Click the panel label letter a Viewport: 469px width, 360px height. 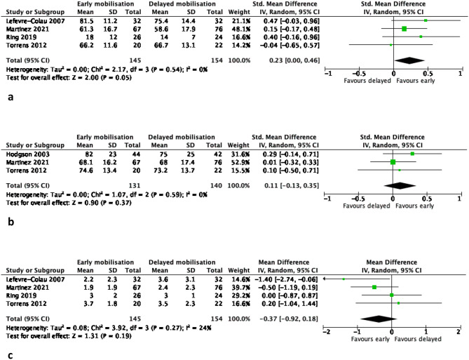11,98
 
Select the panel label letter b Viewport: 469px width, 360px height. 11,222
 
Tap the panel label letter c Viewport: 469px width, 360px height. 11,356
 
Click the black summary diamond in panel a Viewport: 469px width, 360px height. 409,60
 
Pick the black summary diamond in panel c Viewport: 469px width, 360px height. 379,319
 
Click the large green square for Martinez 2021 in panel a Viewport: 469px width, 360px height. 404,29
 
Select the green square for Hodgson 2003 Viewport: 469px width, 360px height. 412,154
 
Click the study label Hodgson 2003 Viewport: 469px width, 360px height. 27,154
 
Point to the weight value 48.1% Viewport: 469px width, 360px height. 239,29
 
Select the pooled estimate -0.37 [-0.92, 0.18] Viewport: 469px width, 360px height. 289,319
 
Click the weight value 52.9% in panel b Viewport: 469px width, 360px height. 238,162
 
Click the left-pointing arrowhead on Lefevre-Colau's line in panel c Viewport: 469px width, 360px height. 325,279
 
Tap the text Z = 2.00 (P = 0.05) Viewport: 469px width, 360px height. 102,78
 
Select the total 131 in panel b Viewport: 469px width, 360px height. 135,186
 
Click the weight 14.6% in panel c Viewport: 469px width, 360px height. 239,279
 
